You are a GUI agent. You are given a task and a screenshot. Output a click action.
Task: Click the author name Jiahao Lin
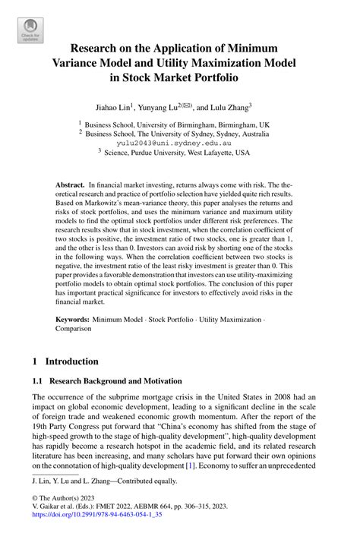pos(116,107)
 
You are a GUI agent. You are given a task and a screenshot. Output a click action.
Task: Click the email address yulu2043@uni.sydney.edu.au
pos(179,142)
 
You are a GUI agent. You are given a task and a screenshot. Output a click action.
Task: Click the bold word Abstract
pos(70,185)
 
